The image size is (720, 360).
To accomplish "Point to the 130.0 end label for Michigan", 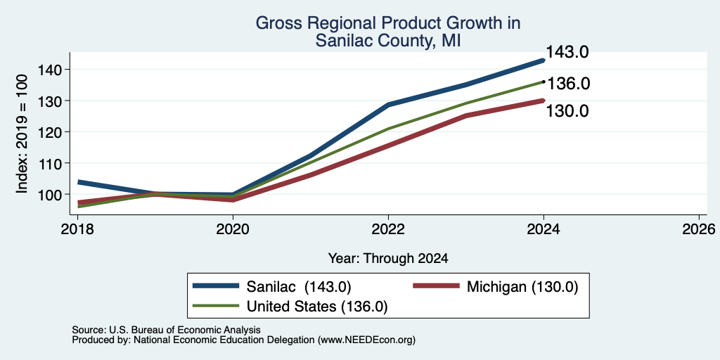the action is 567,111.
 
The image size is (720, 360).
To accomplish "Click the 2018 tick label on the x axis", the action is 77,229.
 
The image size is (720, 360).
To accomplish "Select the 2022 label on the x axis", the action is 388,229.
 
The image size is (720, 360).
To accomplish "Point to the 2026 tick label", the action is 700,229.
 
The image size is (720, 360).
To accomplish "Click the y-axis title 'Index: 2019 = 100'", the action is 22,134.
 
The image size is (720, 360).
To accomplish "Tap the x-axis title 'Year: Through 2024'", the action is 388,259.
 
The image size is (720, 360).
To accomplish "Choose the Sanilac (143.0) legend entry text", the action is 299,287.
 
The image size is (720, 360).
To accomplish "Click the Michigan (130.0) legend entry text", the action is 522,287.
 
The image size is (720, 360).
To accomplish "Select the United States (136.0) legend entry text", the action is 317,307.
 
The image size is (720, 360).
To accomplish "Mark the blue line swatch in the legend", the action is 216,286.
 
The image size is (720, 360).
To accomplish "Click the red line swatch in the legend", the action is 436,286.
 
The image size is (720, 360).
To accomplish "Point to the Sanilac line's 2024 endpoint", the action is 544,60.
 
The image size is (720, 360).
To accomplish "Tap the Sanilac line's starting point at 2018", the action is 79,182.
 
